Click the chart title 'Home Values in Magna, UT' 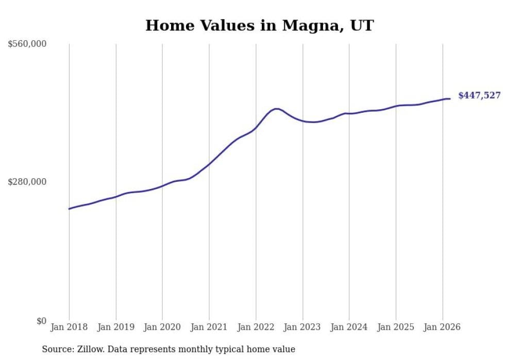[259, 25]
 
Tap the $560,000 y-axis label [27, 44]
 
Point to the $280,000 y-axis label [27, 182]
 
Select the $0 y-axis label [41, 321]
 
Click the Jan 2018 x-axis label [69, 327]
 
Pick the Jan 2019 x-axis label [116, 327]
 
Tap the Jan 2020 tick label [162, 327]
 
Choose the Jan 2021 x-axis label [209, 327]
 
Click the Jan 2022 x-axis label [256, 327]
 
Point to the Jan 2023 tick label [302, 327]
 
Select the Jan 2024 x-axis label [349, 327]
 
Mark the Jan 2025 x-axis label [396, 327]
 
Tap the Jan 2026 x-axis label [442, 327]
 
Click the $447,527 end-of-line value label [479, 95]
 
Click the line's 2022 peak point [277, 109]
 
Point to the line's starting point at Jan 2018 [69, 209]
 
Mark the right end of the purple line [450, 98]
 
